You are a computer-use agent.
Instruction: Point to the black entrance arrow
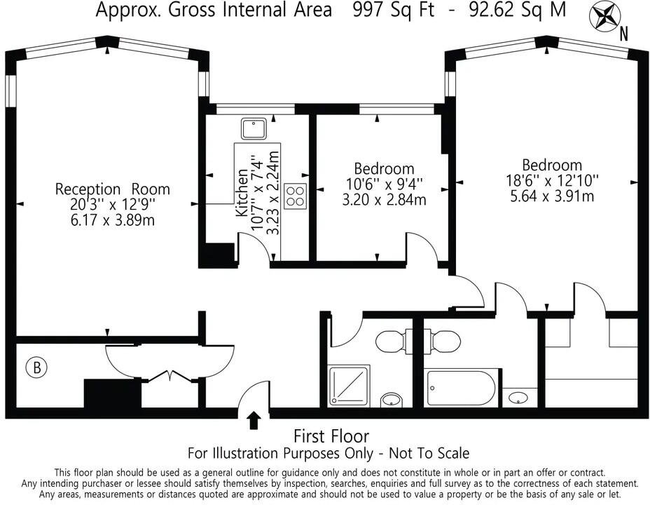pos(254,420)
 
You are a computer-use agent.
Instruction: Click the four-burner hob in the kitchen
pos(296,196)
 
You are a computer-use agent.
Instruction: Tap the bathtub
pos(461,387)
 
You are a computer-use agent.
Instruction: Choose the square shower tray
pos(349,384)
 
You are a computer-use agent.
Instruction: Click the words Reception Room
pos(112,189)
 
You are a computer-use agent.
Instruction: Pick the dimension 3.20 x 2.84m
pos(383,200)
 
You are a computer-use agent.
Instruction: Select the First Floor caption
pos(331,436)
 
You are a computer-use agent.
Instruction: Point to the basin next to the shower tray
pos(392,400)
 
